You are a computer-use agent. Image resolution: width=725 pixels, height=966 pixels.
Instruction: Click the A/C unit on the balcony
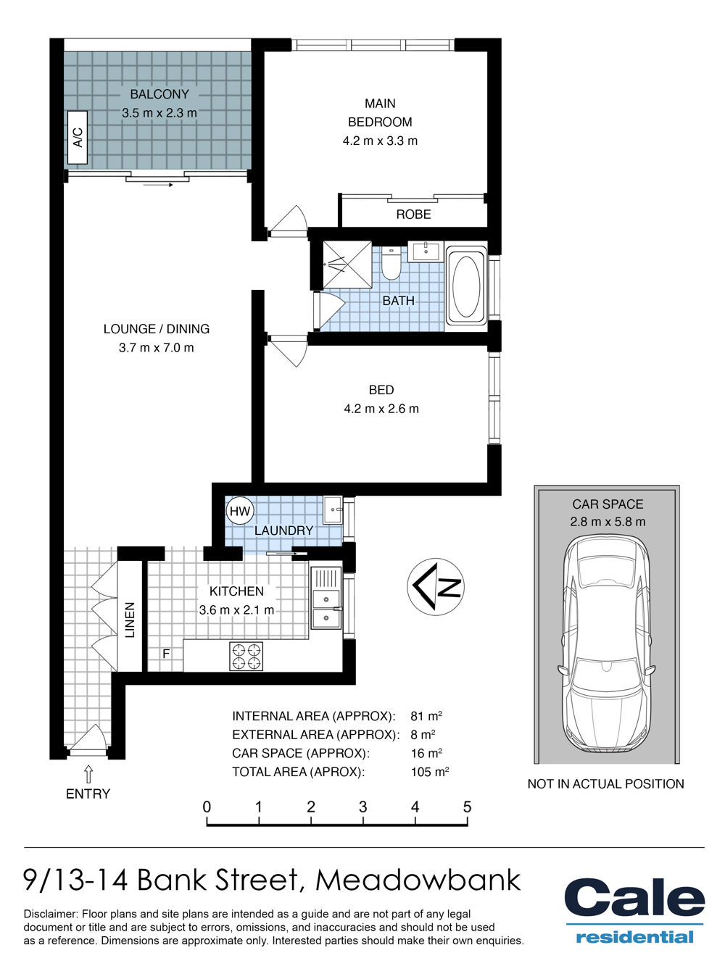click(x=78, y=137)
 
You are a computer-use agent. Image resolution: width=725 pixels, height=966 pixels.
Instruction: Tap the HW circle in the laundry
click(x=240, y=512)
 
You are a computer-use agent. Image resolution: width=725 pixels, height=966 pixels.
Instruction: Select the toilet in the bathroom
click(x=391, y=263)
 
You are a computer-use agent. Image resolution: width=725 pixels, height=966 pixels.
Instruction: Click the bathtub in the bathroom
click(x=467, y=286)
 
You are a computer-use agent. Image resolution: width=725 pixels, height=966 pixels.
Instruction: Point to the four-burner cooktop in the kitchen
click(x=246, y=656)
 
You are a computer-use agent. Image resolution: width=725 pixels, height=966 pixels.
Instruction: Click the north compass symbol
click(x=435, y=587)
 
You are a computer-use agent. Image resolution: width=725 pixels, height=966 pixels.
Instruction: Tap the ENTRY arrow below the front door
click(x=88, y=774)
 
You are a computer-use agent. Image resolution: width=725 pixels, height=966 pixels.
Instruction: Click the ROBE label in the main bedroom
click(x=413, y=215)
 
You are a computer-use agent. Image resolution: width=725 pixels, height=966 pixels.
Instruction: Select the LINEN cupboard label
click(x=130, y=620)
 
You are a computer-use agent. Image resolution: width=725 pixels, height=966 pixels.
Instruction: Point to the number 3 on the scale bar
click(x=362, y=807)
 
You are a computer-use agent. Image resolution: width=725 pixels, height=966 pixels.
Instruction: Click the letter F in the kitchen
click(x=166, y=654)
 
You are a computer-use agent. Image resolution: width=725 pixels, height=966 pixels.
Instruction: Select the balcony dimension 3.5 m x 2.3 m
click(x=159, y=113)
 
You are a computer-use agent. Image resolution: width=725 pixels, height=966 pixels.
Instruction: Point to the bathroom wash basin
click(x=426, y=251)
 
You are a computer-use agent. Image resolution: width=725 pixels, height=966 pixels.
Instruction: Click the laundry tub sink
click(x=333, y=509)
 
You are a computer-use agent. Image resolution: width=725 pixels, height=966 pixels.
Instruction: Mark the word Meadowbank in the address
click(x=418, y=880)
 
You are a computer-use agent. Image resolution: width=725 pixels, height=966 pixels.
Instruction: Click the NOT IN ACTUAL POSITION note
click(x=605, y=783)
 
